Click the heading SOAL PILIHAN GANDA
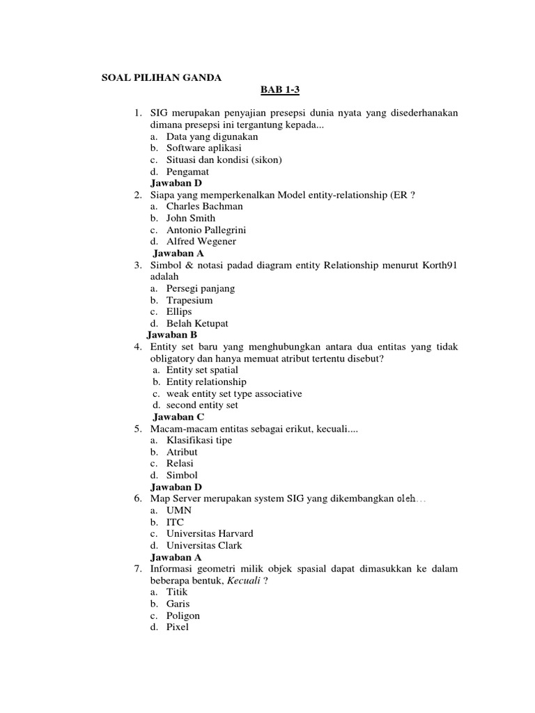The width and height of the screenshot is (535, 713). click(161, 78)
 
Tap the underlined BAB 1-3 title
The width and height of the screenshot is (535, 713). click(279, 90)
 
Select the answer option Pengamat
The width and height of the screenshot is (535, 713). click(187, 171)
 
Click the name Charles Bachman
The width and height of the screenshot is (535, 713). click(205, 206)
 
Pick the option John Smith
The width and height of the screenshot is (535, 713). click(191, 218)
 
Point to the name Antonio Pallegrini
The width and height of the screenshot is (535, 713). click(206, 230)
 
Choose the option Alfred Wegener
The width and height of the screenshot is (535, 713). click(201, 242)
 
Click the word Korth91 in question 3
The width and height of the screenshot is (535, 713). click(438, 265)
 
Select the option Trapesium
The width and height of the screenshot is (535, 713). click(189, 300)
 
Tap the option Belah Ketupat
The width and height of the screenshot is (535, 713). click(197, 324)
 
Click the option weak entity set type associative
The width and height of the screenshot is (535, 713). click(234, 393)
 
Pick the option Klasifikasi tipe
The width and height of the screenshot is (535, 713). click(199, 440)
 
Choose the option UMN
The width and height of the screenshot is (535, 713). click(179, 510)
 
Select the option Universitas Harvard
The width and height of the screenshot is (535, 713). click(210, 533)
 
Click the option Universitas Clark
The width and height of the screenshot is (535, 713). click(204, 545)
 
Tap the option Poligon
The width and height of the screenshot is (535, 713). click(183, 616)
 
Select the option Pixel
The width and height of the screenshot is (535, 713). click(178, 627)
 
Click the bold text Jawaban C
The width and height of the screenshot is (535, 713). click(178, 417)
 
